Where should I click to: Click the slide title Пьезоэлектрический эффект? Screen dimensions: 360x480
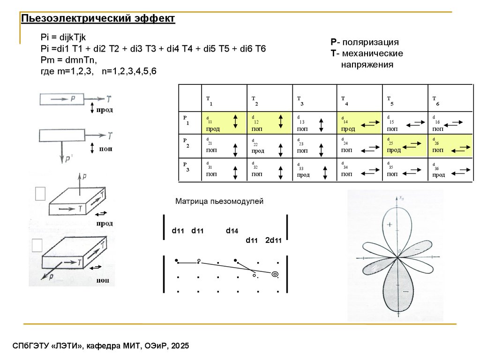point(98,18)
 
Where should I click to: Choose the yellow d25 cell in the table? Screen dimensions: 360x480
point(405,145)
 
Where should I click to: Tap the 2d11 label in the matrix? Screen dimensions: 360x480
point(273,241)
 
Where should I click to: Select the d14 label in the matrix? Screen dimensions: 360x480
point(232,231)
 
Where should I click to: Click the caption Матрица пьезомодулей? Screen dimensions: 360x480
point(220,202)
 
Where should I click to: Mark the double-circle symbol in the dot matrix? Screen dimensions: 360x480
point(275,274)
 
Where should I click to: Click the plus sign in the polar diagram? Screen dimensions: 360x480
point(389,225)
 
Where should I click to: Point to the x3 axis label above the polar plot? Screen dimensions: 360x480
point(401,198)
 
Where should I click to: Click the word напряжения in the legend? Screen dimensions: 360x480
point(367,64)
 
